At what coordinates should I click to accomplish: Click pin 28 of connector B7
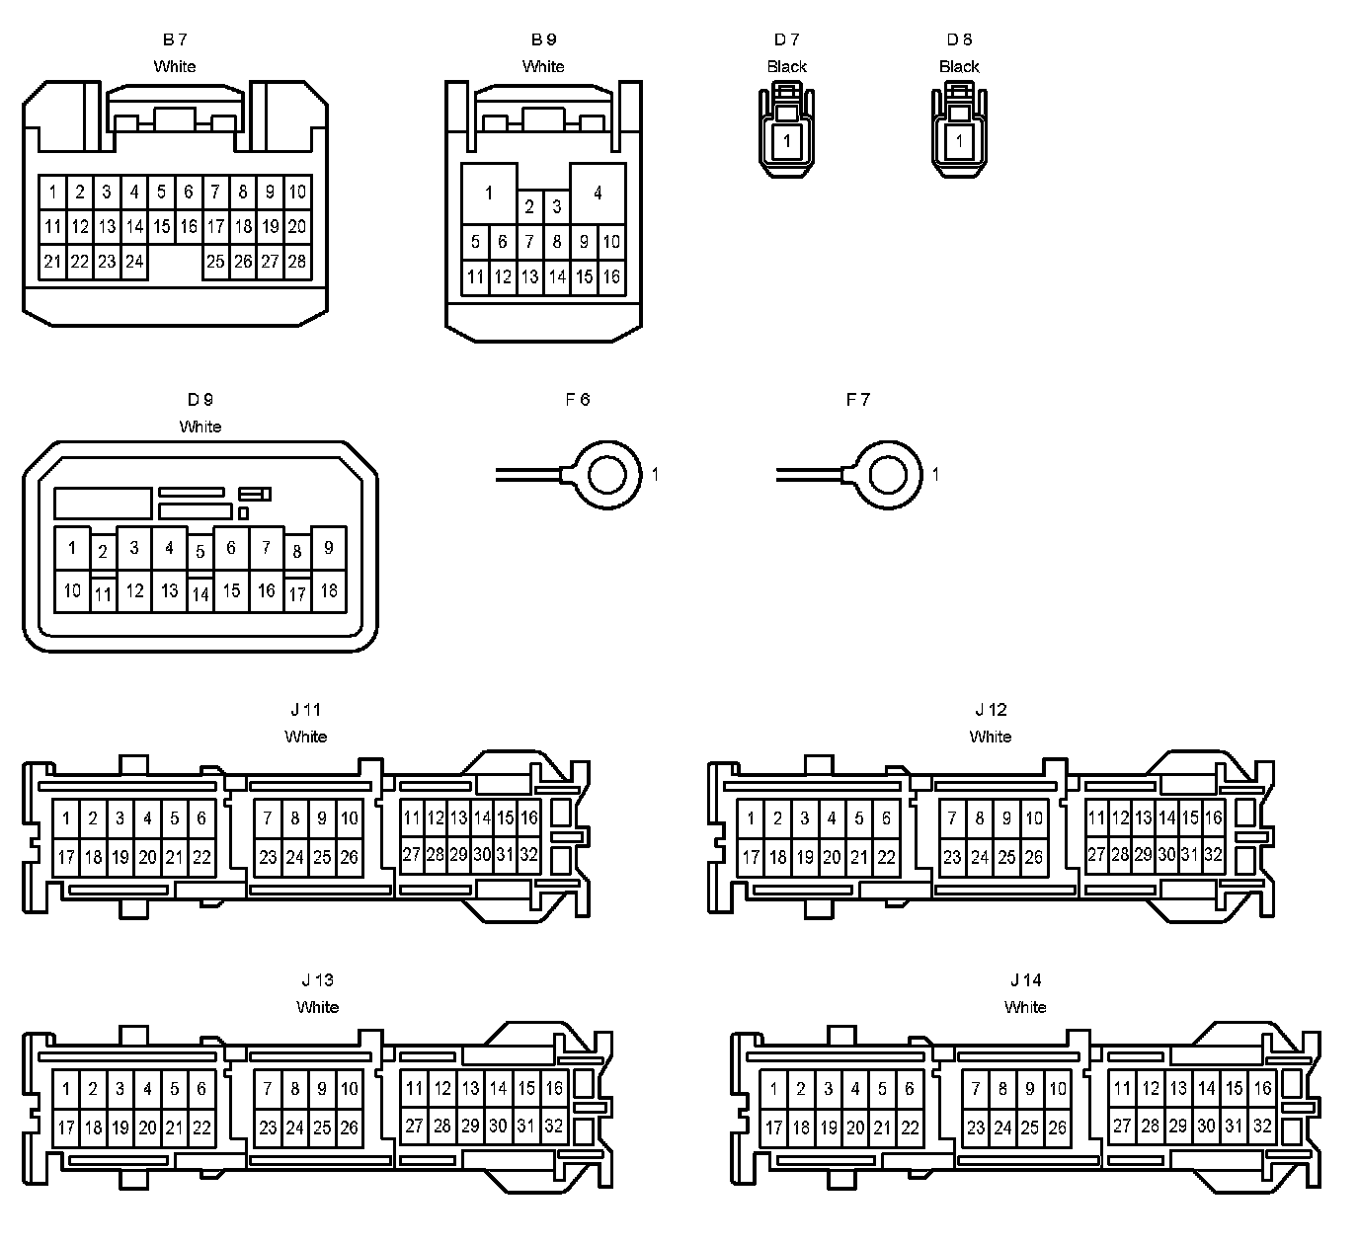click(x=296, y=263)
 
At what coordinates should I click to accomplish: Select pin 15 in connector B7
click(x=162, y=227)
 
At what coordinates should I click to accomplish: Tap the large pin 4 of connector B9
click(x=598, y=193)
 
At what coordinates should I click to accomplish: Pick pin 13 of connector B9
click(x=529, y=277)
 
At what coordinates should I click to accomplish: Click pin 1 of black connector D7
click(x=787, y=141)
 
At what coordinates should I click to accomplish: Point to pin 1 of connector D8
click(x=959, y=141)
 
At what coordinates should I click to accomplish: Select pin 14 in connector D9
click(x=200, y=594)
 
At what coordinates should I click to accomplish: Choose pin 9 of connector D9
click(x=329, y=548)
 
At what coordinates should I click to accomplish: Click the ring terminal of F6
click(x=604, y=474)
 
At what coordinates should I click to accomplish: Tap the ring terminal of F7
click(x=886, y=474)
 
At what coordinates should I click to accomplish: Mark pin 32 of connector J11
click(x=528, y=855)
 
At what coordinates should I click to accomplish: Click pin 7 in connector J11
click(x=268, y=818)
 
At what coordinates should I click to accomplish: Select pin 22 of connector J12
click(x=886, y=858)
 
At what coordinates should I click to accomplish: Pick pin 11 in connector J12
click(x=1096, y=818)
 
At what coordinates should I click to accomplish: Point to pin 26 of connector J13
click(x=349, y=1127)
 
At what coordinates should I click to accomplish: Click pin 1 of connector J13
click(x=66, y=1090)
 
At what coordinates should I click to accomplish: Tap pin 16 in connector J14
click(x=1262, y=1089)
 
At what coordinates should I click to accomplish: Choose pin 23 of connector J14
click(x=976, y=1127)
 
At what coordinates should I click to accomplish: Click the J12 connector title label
click(x=991, y=710)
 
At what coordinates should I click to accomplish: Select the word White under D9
click(x=200, y=427)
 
